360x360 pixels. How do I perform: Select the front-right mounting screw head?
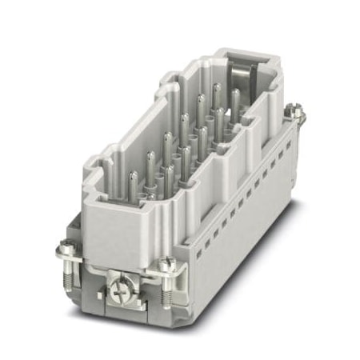(x=166, y=265)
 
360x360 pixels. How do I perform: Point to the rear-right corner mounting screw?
(x=298, y=114)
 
